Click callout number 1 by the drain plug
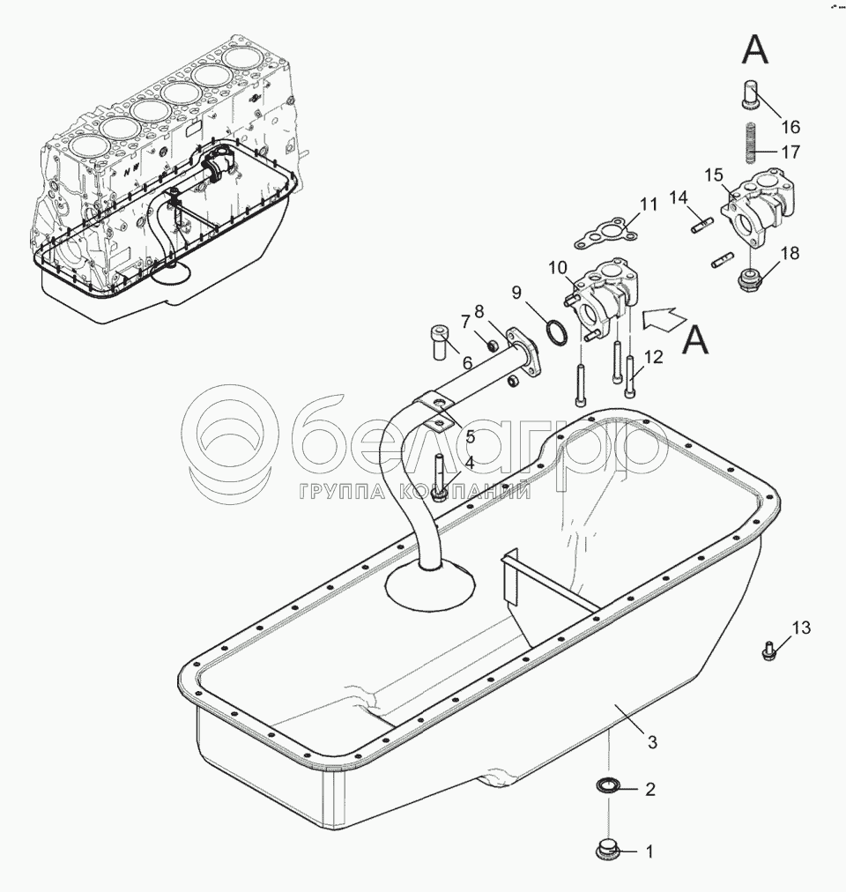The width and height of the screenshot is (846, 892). point(649,851)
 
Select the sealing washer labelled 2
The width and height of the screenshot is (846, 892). point(607,786)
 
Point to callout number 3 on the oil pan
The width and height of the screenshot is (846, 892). point(652,742)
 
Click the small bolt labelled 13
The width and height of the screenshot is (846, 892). point(768,650)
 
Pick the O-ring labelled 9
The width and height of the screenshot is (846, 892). point(556,332)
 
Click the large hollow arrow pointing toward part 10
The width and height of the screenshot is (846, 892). point(665,320)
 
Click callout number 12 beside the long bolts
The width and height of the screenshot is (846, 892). point(654,357)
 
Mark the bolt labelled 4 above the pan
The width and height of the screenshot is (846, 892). point(440,477)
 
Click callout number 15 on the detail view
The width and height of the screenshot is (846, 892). point(714,175)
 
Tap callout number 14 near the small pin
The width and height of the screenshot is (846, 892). point(678,198)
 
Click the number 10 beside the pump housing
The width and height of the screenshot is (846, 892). point(558,267)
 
